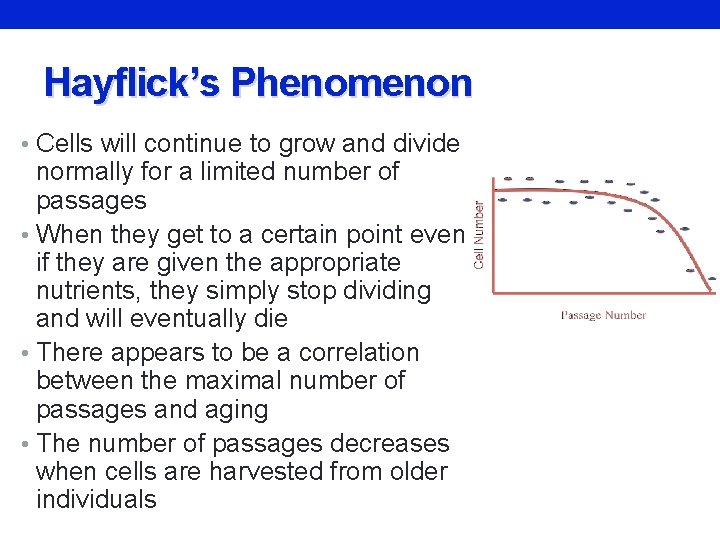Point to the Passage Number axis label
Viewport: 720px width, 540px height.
coord(603,316)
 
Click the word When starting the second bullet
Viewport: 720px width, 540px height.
coord(75,234)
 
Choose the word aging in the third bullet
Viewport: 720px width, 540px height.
coord(234,410)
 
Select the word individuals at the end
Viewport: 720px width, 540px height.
coord(96,499)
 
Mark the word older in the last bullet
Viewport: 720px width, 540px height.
coord(412,471)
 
